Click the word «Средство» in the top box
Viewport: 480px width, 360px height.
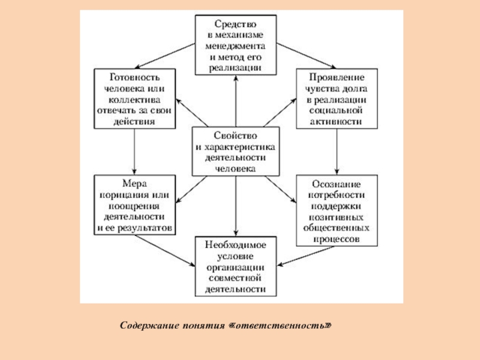click(236, 25)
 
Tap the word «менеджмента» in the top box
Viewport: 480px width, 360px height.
click(236, 46)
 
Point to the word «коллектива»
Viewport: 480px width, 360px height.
click(134, 100)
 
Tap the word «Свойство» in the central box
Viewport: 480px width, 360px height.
click(235, 136)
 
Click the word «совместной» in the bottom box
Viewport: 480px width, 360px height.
click(236, 278)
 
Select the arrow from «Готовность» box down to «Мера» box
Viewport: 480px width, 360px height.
click(134, 151)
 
